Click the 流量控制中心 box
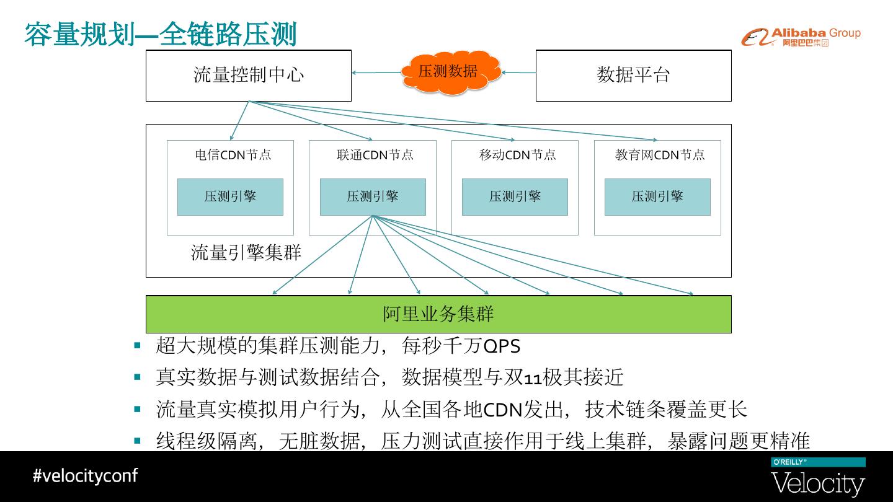click(x=248, y=76)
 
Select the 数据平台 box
click(x=633, y=76)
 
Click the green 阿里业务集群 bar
click(x=438, y=314)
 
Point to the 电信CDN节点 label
click(x=233, y=155)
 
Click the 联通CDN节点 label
click(x=375, y=155)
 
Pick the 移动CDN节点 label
click(x=517, y=155)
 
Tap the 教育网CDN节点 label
click(x=660, y=155)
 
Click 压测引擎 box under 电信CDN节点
click(x=230, y=197)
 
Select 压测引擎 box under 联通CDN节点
click(x=373, y=197)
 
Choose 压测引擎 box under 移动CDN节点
click(x=515, y=197)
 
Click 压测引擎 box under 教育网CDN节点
click(x=657, y=197)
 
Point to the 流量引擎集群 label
click(x=246, y=253)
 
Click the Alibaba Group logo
click(x=801, y=37)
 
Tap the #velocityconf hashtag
click(x=85, y=476)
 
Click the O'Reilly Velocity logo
click(x=817, y=478)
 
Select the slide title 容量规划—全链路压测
click(x=161, y=34)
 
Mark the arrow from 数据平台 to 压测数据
click(x=518, y=73)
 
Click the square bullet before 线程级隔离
click(x=138, y=441)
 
